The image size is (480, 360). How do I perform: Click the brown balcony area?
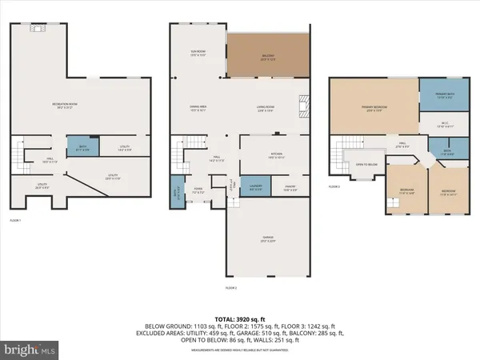(267, 56)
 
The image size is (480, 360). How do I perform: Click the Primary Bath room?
(445, 98)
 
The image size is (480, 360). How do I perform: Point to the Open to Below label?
(366, 165)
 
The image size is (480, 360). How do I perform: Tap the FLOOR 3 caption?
(334, 186)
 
